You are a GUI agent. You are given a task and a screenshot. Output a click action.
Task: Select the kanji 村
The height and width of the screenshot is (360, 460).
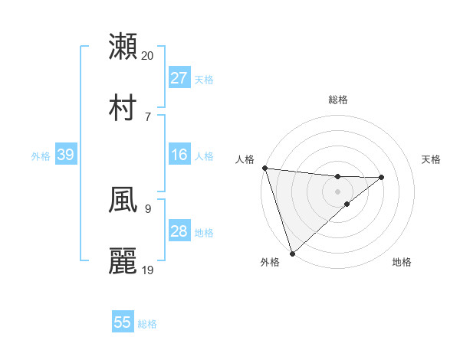[123, 106]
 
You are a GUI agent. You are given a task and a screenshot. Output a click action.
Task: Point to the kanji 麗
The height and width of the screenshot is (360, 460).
[123, 260]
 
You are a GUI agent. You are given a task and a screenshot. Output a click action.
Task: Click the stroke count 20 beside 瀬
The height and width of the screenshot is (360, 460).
[148, 55]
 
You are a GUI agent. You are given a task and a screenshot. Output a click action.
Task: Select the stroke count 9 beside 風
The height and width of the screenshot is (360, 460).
[147, 208]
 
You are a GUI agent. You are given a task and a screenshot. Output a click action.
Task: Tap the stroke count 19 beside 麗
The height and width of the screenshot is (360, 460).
[148, 269]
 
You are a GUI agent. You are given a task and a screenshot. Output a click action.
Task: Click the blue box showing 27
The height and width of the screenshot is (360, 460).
[179, 78]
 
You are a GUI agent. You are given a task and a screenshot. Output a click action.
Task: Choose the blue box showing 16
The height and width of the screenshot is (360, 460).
[179, 155]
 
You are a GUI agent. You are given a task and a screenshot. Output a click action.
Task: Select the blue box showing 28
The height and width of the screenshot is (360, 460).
[179, 231]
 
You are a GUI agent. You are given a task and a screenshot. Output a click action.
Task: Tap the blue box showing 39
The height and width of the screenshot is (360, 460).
[65, 155]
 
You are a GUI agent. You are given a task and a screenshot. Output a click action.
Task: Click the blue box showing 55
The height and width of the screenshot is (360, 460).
[123, 322]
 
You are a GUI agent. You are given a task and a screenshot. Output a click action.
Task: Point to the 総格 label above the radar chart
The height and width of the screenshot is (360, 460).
[337, 100]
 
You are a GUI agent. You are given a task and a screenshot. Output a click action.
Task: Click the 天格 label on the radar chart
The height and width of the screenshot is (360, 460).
[432, 159]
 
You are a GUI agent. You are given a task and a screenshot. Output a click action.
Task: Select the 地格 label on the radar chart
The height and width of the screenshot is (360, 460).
[402, 262]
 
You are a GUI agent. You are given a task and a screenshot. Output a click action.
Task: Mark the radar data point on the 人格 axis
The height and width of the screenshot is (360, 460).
[264, 168]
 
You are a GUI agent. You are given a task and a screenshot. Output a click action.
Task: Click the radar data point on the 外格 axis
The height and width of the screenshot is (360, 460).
[292, 253]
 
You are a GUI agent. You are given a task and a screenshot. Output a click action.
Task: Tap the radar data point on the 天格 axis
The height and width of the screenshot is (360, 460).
[381, 177]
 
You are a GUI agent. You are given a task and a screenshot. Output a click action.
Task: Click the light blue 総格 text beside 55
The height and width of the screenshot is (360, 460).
[147, 324]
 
